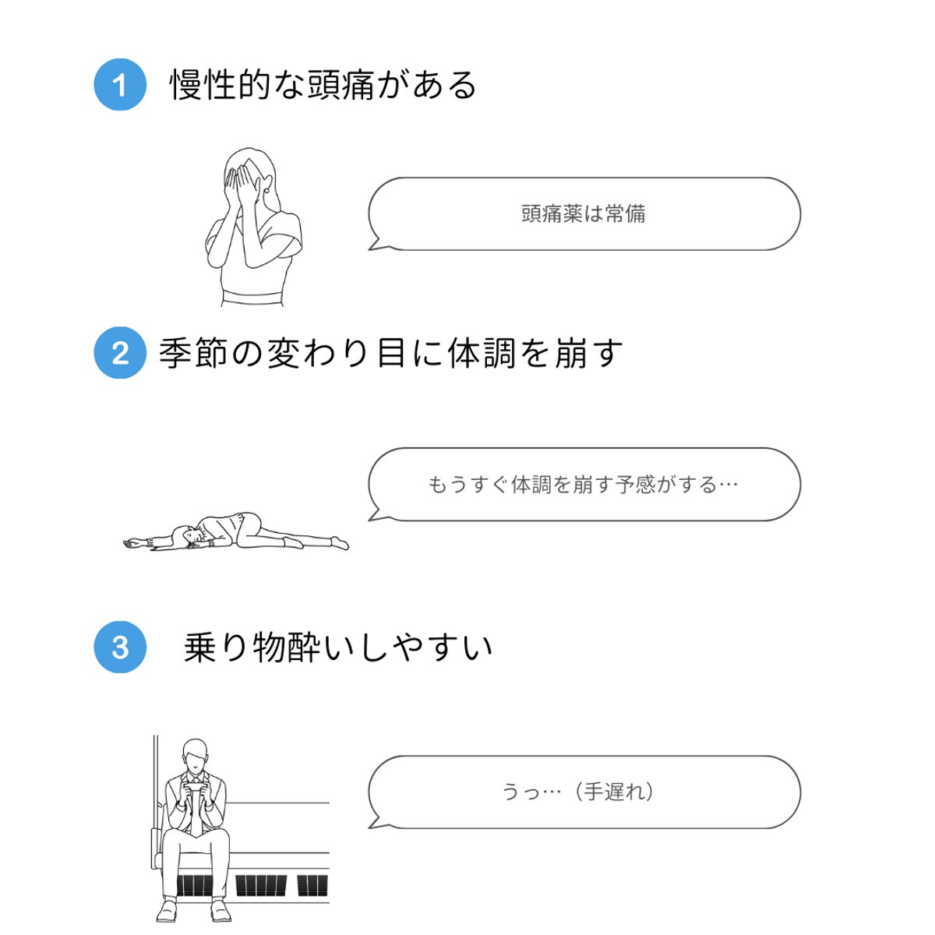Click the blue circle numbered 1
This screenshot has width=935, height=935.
pyautogui.click(x=120, y=84)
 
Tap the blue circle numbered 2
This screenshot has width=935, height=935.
pyautogui.click(x=120, y=353)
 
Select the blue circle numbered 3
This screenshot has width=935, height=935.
pyautogui.click(x=120, y=647)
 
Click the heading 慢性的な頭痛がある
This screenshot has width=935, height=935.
pyautogui.click(x=323, y=84)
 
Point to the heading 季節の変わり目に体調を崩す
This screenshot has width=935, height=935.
pyautogui.click(x=390, y=353)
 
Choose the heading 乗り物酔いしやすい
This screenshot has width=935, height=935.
pyautogui.click(x=338, y=647)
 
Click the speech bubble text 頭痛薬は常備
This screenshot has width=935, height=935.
pyautogui.click(x=583, y=213)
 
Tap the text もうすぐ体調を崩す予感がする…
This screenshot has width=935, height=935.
pyautogui.click(x=583, y=485)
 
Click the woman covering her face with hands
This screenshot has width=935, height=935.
pyautogui.click(x=251, y=226)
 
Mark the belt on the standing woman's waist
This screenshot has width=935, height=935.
pyautogui.click(x=251, y=298)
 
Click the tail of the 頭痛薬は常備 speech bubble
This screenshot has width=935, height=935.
pyautogui.click(x=378, y=245)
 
